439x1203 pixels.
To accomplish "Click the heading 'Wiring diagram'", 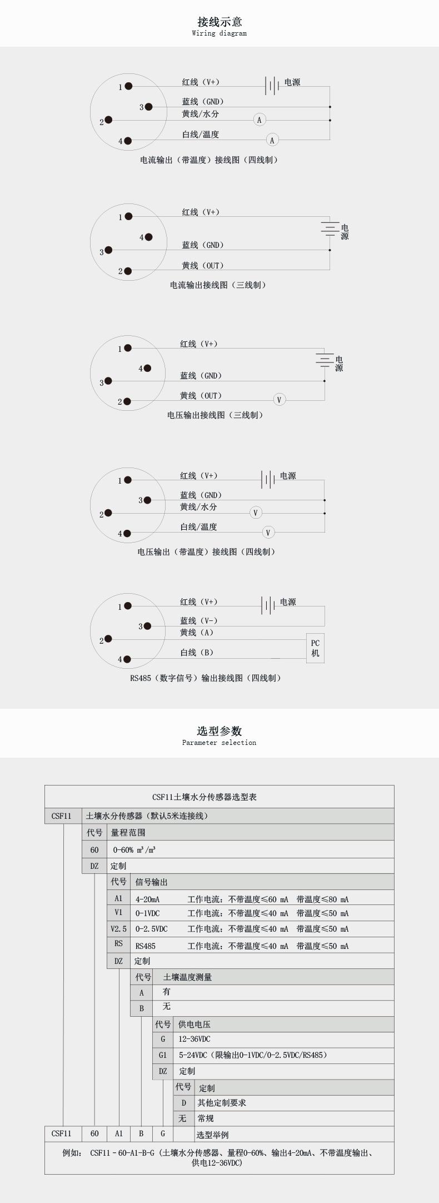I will pos(219,33).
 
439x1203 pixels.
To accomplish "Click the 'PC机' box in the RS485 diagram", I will pos(315,648).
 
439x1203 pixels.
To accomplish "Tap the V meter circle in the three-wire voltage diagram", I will pos(279,400).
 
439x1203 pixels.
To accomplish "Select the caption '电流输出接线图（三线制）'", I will pos(218,285).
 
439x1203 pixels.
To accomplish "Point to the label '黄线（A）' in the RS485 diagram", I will pos(197,633).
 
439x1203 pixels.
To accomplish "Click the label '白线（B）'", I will pos(197,653).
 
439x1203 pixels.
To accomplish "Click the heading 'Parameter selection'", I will pos(219,743).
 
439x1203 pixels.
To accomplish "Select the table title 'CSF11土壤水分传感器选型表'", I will pos(204,797).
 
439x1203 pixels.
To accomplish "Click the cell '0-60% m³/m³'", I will pos(134,850).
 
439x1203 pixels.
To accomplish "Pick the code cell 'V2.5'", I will pos(118,929).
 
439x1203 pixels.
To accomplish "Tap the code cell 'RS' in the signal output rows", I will pos(118,943).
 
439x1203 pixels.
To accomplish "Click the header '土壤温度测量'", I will pos(187,977).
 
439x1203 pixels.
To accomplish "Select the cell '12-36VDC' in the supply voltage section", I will pos(194,1039).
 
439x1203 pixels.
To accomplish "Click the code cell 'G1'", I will pos(163,1055).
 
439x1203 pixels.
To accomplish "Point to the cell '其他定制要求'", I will pos(222,1103).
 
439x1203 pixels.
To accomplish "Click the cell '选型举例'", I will pos(212,1135).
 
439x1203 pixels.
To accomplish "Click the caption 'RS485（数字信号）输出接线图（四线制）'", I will pos(206,678).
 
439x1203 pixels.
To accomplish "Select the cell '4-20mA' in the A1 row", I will pos(147,899).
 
